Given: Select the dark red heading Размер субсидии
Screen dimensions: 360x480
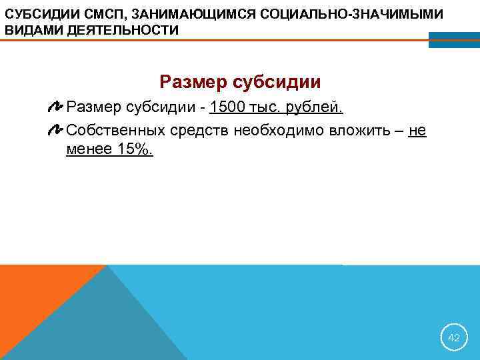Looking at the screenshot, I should [x=240, y=82].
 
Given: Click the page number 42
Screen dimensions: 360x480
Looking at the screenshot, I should [x=453, y=338].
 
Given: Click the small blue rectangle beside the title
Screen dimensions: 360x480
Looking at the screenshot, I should [x=453, y=40].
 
